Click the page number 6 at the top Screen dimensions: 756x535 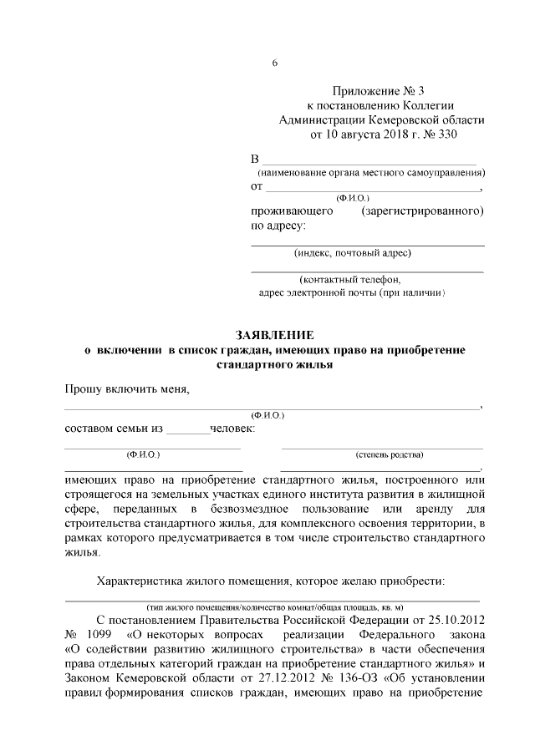coord(274,64)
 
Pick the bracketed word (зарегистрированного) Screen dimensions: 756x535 coord(423,211)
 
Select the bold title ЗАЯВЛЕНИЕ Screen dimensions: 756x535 coord(274,333)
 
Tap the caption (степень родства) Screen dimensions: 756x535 coord(389,454)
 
